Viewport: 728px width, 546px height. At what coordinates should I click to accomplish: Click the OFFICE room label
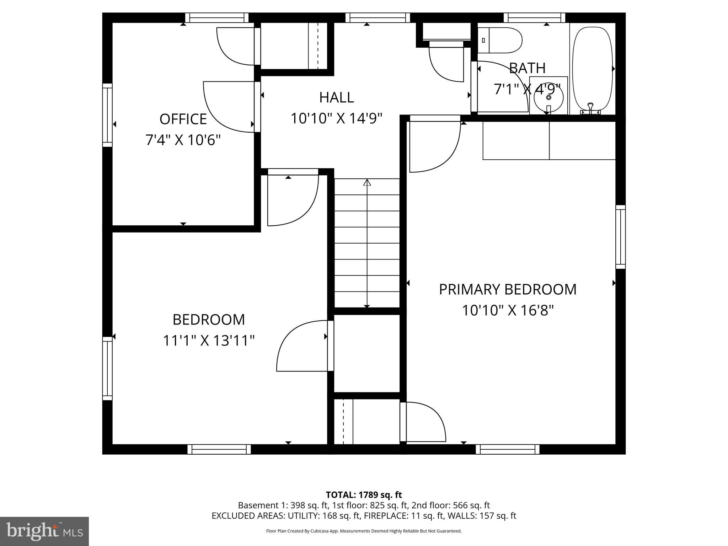pyautogui.click(x=183, y=119)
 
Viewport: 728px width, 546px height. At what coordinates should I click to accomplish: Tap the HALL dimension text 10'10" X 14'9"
pyautogui.click(x=336, y=119)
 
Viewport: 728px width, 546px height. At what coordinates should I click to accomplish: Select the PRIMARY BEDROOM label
pyautogui.click(x=507, y=289)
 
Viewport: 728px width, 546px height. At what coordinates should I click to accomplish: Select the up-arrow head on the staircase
pyautogui.click(x=367, y=182)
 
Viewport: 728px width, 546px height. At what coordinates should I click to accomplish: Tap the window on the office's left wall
pyautogui.click(x=107, y=115)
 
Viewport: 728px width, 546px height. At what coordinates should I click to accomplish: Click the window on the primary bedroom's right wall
pyautogui.click(x=620, y=237)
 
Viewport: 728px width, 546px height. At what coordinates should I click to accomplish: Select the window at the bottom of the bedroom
pyautogui.click(x=219, y=449)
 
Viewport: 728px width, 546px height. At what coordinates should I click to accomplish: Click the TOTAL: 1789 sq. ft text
pyautogui.click(x=364, y=495)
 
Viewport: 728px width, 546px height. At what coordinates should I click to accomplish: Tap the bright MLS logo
pyautogui.click(x=44, y=531)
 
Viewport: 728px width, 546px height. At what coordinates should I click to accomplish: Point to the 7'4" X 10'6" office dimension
pyautogui.click(x=183, y=140)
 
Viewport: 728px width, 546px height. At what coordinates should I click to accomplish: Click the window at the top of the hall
pyautogui.click(x=378, y=17)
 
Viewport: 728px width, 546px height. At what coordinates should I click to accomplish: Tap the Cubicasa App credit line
pyautogui.click(x=364, y=531)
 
